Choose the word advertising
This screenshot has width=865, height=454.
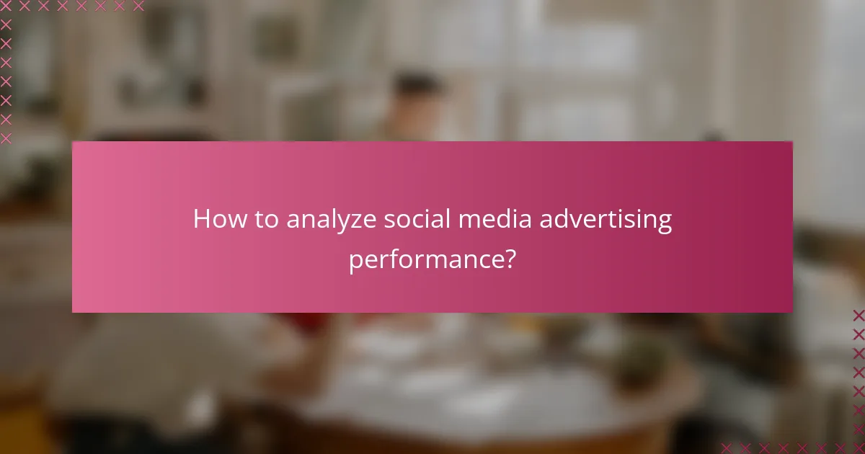click(603, 220)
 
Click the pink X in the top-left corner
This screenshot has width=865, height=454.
click(6, 6)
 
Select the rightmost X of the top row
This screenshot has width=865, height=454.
click(138, 6)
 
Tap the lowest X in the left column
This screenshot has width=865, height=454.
click(6, 138)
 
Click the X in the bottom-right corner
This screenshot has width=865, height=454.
click(858, 448)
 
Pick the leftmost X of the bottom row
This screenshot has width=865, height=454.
click(727, 448)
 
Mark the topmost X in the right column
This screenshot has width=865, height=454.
click(858, 315)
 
